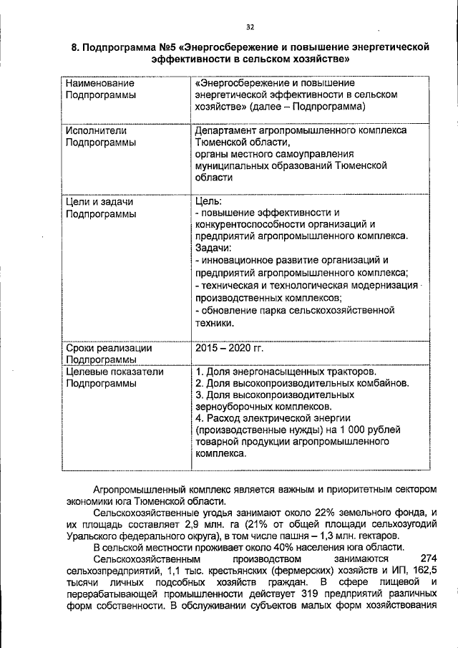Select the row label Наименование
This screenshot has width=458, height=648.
point(95,84)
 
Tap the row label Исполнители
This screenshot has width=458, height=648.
point(92,131)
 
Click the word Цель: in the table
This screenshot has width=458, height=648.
point(208,201)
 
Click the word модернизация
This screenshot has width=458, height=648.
point(384,285)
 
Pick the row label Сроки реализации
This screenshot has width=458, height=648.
point(108,347)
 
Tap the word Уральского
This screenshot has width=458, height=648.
point(89,536)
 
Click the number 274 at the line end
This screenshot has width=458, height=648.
point(428,558)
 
